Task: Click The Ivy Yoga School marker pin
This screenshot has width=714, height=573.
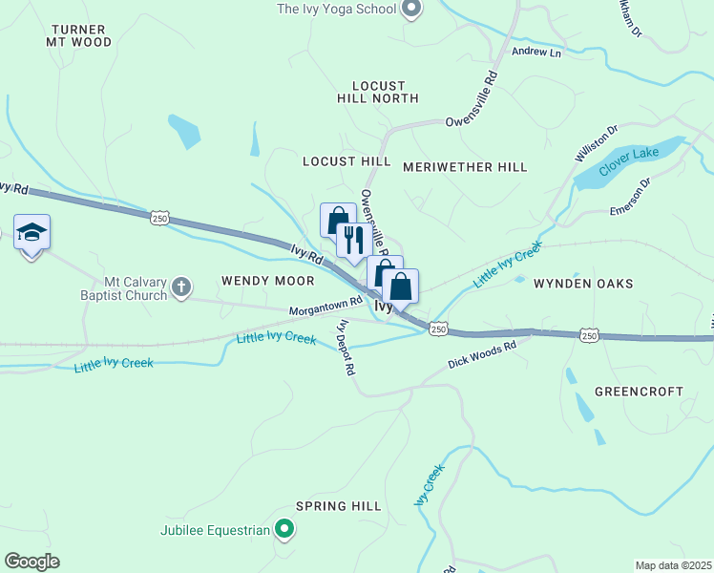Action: pos(411,10)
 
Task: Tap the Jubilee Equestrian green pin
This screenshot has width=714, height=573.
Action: pos(283,527)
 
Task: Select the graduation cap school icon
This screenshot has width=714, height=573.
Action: pos(31,232)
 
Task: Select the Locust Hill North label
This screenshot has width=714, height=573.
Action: pos(378,92)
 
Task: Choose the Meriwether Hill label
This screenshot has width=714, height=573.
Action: pos(465,167)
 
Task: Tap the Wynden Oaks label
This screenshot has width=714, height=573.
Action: pos(583,284)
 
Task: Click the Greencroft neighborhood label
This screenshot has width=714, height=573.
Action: pos(639,392)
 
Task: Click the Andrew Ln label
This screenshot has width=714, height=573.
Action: pos(535,52)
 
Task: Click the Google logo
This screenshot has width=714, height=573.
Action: pos(31,562)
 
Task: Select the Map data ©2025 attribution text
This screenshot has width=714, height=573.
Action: pos(672,564)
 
